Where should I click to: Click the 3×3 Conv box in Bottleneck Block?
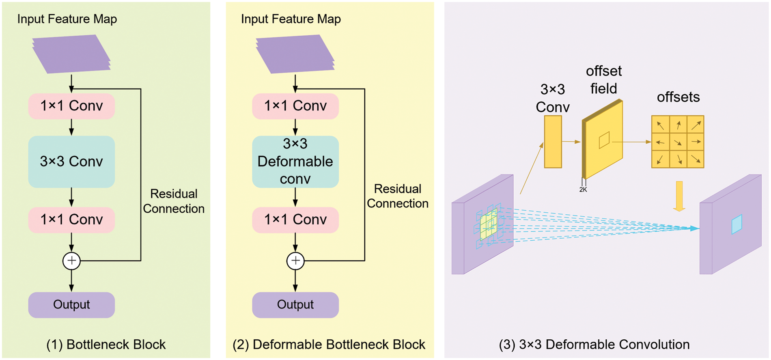[x=71, y=162]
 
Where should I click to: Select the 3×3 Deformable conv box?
[x=295, y=162]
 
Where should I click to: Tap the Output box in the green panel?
[x=71, y=305]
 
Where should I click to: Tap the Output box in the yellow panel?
[x=295, y=305]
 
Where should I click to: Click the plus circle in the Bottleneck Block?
[x=71, y=261]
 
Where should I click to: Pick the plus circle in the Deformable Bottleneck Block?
[x=295, y=261]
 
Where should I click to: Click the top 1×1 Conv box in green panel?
[x=71, y=106]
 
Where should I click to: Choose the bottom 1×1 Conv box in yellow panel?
[x=295, y=220]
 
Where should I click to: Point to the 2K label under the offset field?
[x=583, y=190]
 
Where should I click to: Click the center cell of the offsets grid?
[x=678, y=142]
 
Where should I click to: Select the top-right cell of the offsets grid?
[x=696, y=125]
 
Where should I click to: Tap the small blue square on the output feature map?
[x=737, y=224]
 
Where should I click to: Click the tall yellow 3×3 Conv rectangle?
[x=553, y=142]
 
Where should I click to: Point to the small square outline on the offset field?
[x=604, y=140]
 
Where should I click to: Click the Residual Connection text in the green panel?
[x=174, y=201]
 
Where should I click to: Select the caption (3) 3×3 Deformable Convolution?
[x=594, y=345]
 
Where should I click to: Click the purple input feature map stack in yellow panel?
[x=295, y=54]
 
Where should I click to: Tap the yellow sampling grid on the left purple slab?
[x=489, y=226]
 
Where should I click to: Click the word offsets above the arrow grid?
[x=678, y=97]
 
